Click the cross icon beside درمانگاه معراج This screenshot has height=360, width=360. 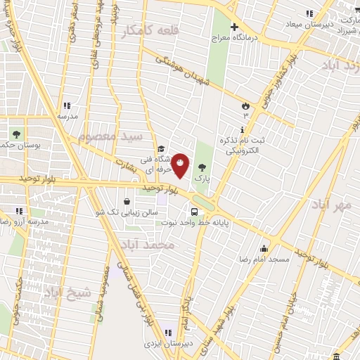click(235, 27)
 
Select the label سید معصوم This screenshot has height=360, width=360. click(110, 134)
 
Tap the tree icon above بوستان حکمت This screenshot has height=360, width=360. click(16, 132)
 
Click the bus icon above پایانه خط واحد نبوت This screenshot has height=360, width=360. click(193, 211)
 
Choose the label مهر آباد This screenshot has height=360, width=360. click(333, 204)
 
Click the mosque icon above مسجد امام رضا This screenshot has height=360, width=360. click(264, 248)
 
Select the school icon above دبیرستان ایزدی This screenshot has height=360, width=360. click(168, 333)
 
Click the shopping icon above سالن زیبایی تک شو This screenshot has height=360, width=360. click(126, 201)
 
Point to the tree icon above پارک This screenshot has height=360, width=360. click(202, 167)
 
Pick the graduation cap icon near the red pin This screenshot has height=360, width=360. click(161, 148)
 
